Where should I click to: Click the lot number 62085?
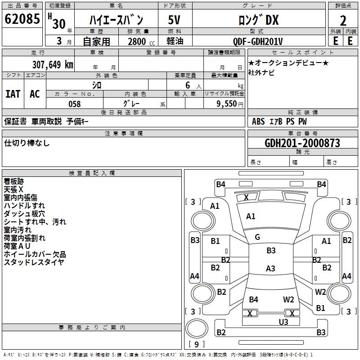click(x=22, y=19)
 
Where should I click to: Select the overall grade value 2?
click(x=343, y=21)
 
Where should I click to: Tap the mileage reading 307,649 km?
click(x=53, y=65)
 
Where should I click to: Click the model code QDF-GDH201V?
click(x=258, y=41)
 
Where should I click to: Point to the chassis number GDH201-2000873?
click(x=302, y=143)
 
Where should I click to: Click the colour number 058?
click(x=75, y=104)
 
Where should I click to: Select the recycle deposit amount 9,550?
click(x=226, y=104)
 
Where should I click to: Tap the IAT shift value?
click(x=13, y=94)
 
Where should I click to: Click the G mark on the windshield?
click(x=257, y=237)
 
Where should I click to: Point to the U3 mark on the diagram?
click(x=283, y=322)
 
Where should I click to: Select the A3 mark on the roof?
click(x=270, y=268)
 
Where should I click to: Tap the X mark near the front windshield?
click(x=246, y=197)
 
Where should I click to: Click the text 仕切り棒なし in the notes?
click(x=27, y=143)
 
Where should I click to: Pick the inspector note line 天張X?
click(x=13, y=189)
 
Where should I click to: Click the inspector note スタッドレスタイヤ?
click(x=34, y=262)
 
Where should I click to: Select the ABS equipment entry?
click(x=258, y=121)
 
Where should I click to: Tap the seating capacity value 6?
click(x=188, y=85)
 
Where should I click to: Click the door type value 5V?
click(x=174, y=20)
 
